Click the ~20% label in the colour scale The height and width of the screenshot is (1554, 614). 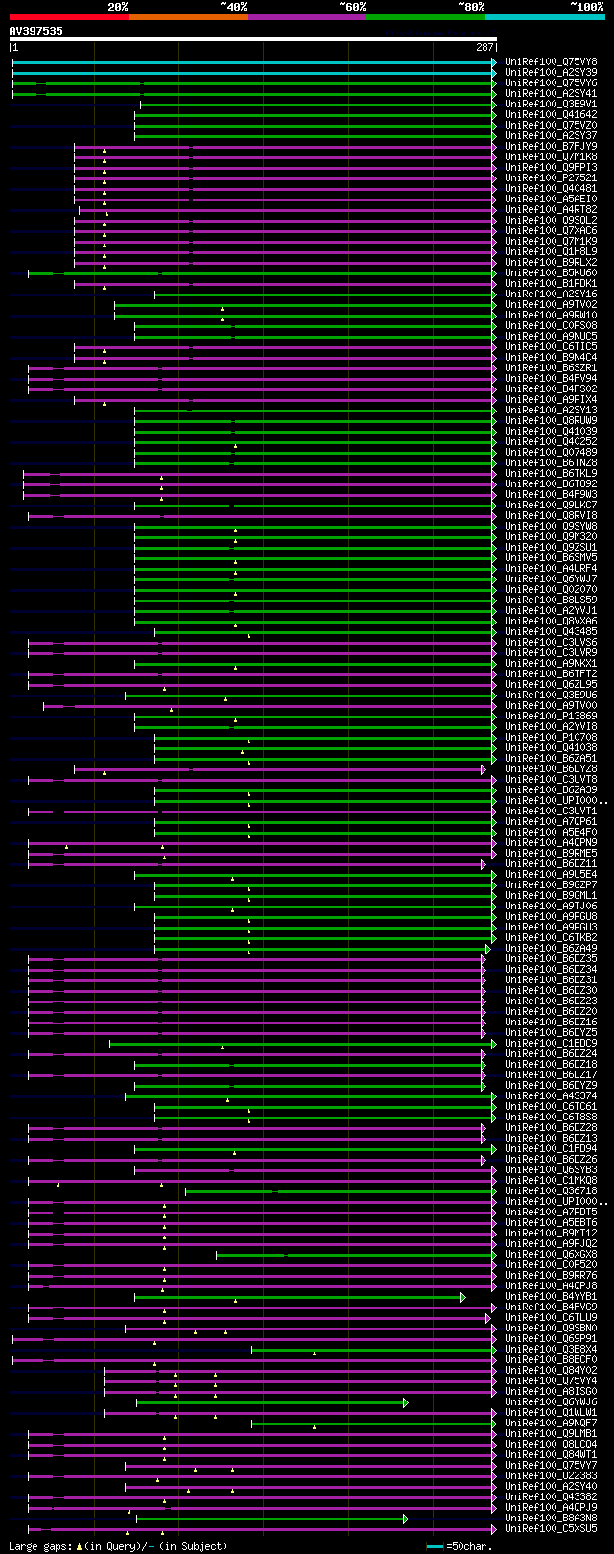tap(117, 6)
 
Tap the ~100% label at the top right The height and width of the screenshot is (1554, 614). tap(586, 6)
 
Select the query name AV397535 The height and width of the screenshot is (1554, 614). tap(35, 31)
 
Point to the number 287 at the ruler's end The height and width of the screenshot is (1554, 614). tap(484, 47)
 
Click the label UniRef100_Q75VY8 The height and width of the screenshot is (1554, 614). tap(551, 61)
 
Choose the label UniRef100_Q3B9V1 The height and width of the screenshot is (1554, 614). tap(551, 104)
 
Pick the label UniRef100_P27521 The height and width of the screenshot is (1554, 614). tap(551, 177)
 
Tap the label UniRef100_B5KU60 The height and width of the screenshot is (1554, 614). tap(551, 272)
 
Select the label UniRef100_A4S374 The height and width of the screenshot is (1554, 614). tap(551, 1095)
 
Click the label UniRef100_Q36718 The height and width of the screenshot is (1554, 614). tap(551, 1190)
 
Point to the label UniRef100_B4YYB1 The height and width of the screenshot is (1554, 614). tap(551, 1296)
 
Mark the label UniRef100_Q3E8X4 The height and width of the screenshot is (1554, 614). tap(551, 1349)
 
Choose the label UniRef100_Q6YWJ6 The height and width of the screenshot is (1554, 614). tap(551, 1401)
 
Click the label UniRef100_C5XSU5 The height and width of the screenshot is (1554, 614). tap(551, 1528)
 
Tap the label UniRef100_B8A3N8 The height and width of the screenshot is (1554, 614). tap(551, 1518)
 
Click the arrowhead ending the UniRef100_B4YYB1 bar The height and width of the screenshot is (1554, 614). tap(463, 1297)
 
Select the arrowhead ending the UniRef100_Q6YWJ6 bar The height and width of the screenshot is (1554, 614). tap(406, 1402)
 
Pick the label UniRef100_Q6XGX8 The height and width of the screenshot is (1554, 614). tap(551, 1254)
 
